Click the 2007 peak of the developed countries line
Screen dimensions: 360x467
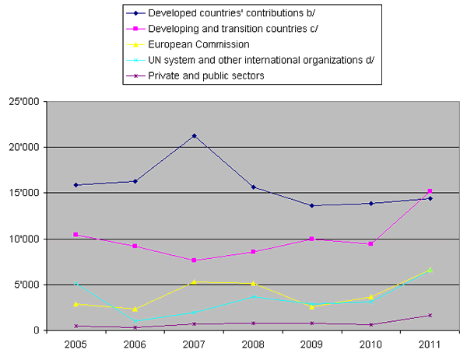194,135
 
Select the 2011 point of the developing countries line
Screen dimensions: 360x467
430,190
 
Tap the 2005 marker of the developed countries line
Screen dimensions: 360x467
76,185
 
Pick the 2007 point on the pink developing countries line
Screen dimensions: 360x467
194,260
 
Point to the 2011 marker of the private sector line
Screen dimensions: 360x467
430,315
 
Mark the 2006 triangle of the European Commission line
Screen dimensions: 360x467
135,309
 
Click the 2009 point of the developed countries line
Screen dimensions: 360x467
312,205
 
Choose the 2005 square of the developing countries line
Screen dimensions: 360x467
76,234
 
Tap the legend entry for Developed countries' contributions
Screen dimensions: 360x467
248,13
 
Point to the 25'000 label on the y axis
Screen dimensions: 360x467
26,101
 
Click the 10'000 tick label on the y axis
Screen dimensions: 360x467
26,239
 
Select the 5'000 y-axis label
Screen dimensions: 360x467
28,285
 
